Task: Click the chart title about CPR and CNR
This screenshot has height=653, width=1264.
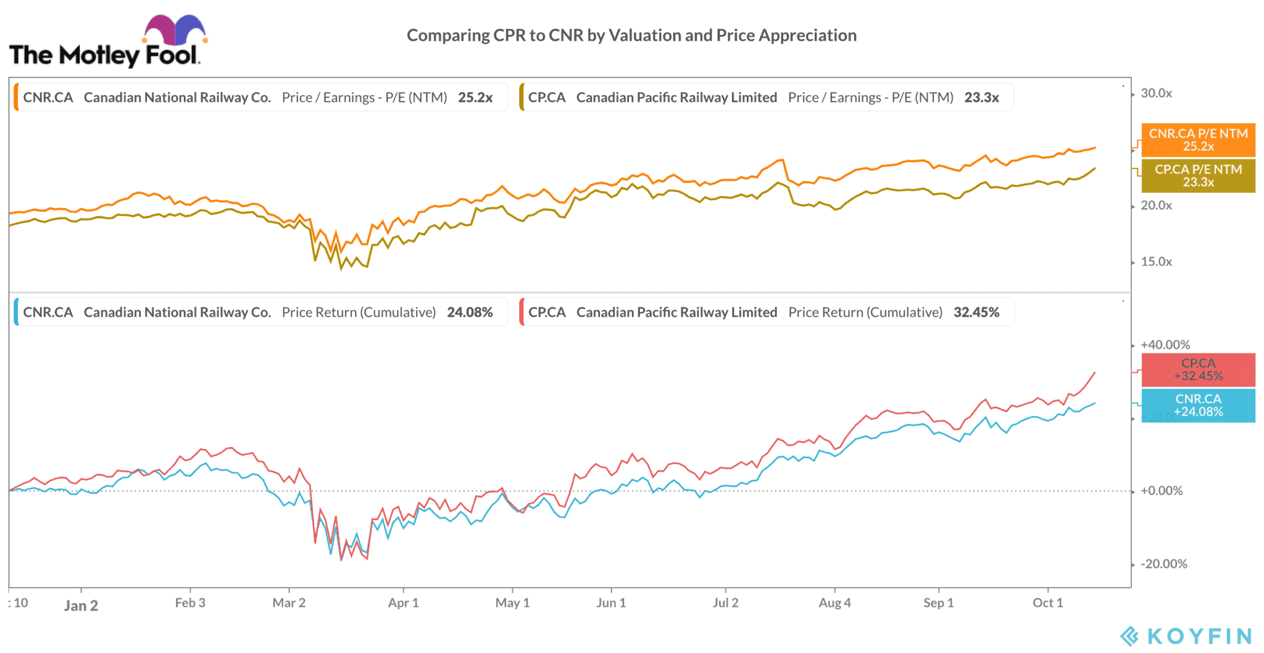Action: [x=631, y=36]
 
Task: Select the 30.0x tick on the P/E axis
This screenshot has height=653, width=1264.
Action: [x=1156, y=94]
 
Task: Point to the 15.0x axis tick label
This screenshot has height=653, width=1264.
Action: [x=1156, y=262]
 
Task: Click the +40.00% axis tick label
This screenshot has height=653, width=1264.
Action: [x=1165, y=345]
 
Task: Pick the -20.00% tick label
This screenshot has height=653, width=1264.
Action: [x=1164, y=564]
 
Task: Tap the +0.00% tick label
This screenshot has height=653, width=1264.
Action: [x=1162, y=491]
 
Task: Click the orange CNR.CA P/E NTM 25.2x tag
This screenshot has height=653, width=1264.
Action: [x=1198, y=140]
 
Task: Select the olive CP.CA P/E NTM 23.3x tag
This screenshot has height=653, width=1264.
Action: [x=1198, y=176]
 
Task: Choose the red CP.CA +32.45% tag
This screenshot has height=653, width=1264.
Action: [x=1198, y=370]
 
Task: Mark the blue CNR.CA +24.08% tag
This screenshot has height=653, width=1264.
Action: [x=1198, y=406]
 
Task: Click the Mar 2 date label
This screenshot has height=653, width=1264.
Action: [x=289, y=603]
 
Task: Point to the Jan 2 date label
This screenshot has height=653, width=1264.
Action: [x=81, y=605]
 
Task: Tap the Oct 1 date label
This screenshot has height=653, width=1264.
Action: [x=1047, y=603]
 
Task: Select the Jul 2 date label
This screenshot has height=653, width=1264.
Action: [x=725, y=603]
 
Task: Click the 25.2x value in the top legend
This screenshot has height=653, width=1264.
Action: [x=475, y=98]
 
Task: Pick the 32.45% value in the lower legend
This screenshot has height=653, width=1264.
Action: [x=976, y=312]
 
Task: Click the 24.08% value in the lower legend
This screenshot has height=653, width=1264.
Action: [x=470, y=312]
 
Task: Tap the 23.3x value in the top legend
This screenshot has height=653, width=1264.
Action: [x=981, y=98]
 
